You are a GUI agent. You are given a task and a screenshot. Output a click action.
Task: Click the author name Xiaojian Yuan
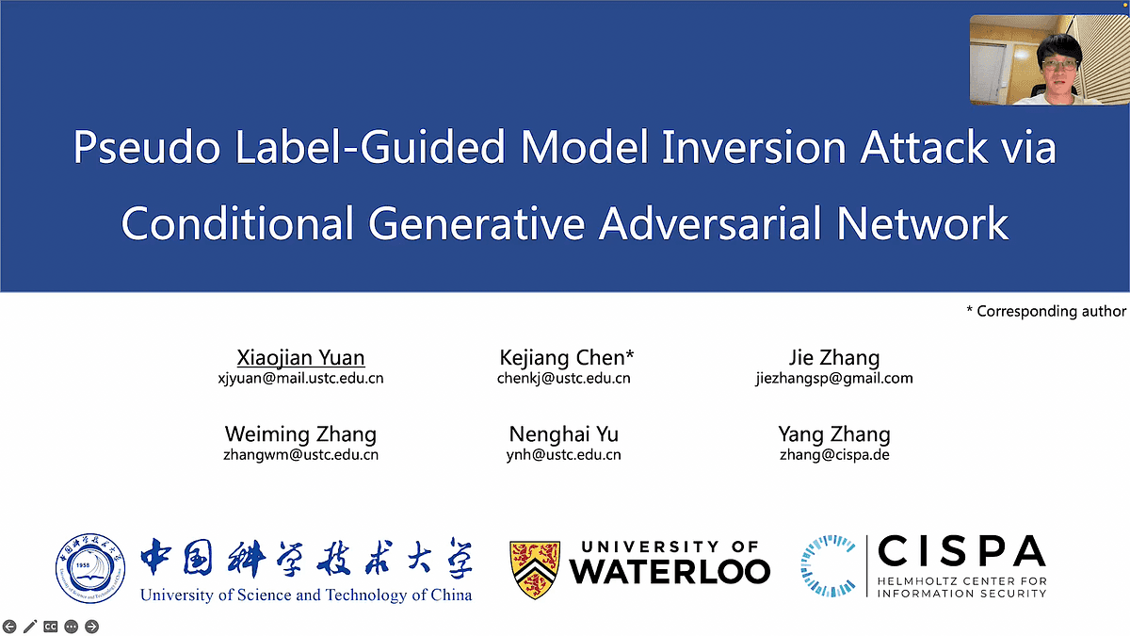[x=300, y=358]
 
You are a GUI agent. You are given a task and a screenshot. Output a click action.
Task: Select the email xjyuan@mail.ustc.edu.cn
[x=300, y=379]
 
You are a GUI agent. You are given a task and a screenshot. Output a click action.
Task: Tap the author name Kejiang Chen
[x=567, y=358]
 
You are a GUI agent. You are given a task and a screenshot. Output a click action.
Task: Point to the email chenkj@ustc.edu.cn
[x=564, y=379]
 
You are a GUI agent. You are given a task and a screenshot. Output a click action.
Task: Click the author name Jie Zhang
[x=834, y=358]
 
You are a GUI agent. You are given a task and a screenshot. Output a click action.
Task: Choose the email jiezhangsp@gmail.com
[x=834, y=379]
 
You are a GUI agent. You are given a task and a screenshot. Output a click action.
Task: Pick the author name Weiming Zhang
[x=300, y=434]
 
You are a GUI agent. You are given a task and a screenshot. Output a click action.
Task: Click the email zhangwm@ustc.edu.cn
[x=300, y=455]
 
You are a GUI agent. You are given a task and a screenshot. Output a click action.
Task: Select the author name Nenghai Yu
[x=564, y=434]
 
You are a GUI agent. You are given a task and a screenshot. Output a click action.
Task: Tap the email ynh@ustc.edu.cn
[x=564, y=455]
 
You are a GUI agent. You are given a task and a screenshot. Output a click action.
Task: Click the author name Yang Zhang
[x=834, y=434]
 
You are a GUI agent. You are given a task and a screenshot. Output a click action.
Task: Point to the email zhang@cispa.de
[x=834, y=455]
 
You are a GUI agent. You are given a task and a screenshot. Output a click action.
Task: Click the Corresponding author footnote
[x=1046, y=311]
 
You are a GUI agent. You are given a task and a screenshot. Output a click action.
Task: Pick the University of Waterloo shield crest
[x=535, y=570]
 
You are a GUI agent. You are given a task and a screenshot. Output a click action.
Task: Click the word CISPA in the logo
[x=960, y=552]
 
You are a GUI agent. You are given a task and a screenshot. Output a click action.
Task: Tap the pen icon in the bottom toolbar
[x=30, y=626]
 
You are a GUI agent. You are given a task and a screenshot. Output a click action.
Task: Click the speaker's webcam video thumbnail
[x=1048, y=59]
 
